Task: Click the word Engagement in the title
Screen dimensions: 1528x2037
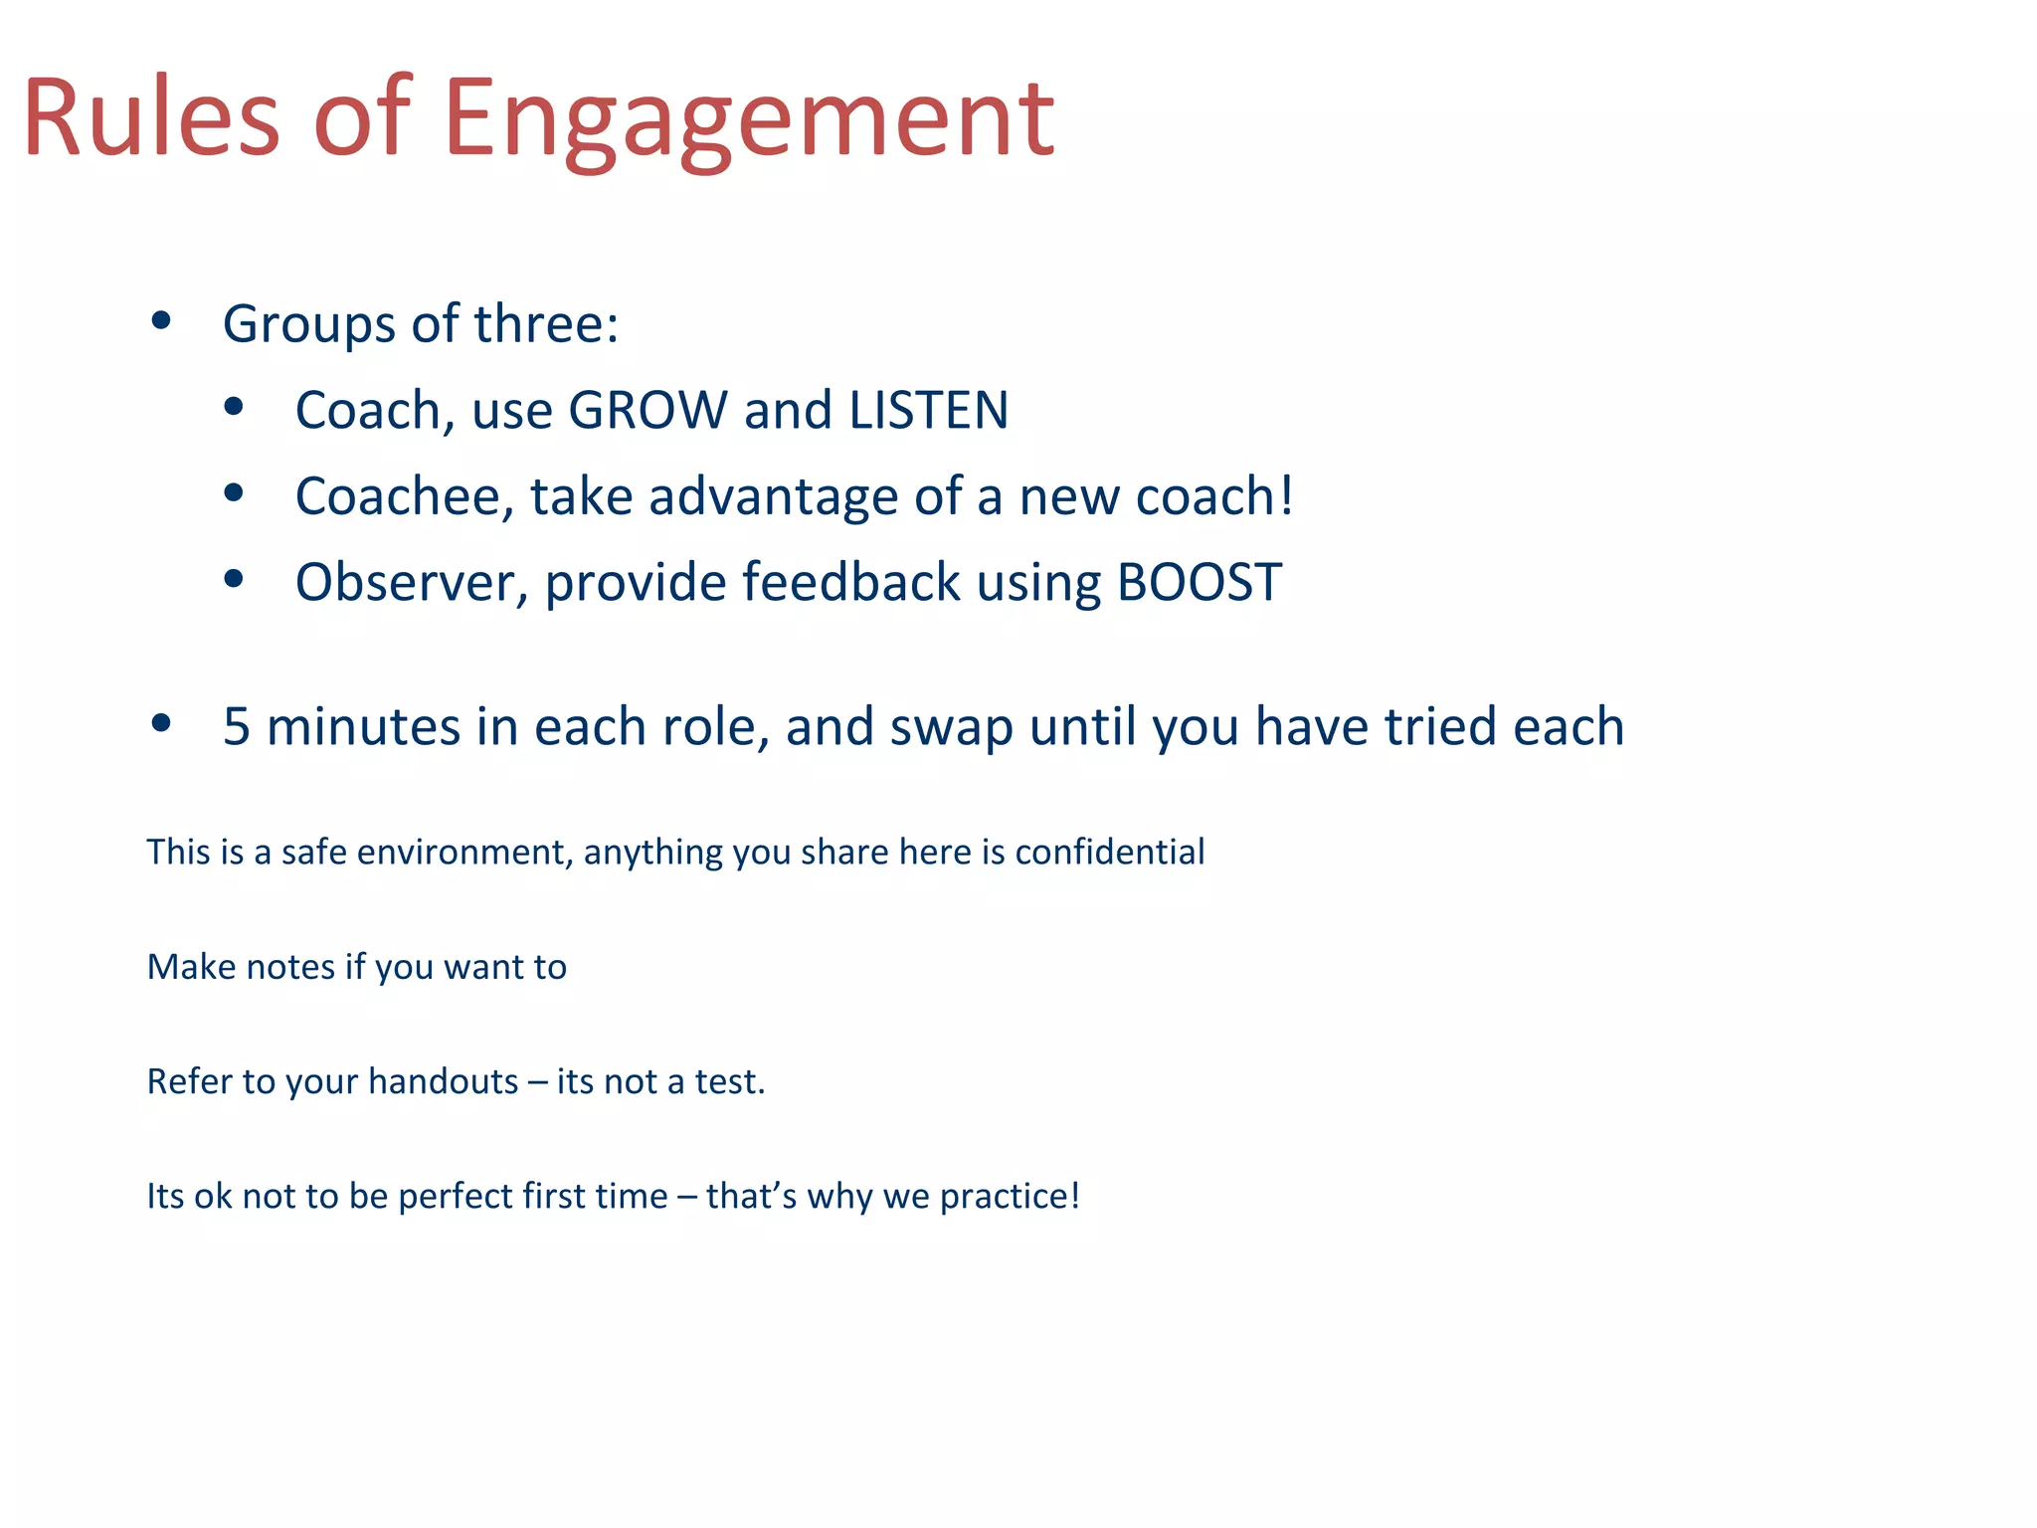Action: pos(748,119)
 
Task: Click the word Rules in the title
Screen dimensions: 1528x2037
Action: pos(151,119)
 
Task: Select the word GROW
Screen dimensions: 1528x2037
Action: pos(648,410)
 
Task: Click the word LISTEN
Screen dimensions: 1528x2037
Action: pos(928,410)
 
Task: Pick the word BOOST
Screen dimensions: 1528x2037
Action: pos(1199,582)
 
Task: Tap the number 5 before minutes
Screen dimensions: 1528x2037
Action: pos(237,726)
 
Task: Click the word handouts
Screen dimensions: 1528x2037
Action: pos(443,1081)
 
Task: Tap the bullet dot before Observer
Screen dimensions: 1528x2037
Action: pos(234,579)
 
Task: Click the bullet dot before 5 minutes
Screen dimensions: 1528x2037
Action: pos(161,723)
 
